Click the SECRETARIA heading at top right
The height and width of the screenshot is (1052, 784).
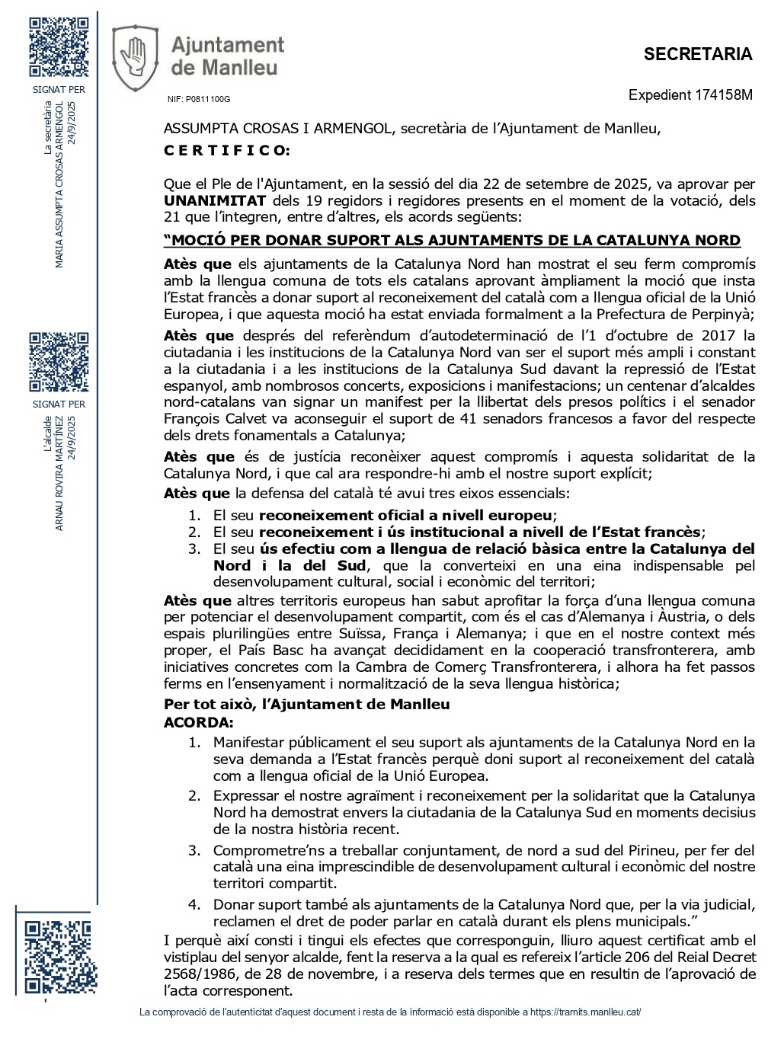tap(697, 54)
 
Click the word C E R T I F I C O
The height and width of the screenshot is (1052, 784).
tap(226, 150)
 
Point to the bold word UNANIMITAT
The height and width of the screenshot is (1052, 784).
tap(215, 200)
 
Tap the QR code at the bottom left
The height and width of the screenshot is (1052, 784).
tap(57, 957)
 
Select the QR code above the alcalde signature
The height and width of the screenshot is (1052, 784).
tap(59, 362)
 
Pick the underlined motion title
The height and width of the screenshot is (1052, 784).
tap(452, 241)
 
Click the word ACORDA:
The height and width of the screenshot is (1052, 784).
tap(199, 721)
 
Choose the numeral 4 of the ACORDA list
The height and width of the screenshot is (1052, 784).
tap(194, 904)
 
